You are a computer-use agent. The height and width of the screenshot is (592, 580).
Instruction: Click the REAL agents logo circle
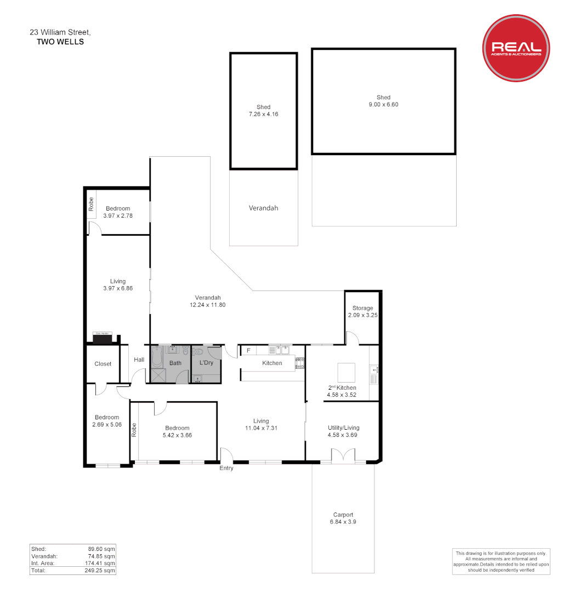point(515,48)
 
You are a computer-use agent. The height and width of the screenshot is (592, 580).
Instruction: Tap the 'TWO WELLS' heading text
point(60,42)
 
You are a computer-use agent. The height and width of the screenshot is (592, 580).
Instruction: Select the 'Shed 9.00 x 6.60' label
point(383,101)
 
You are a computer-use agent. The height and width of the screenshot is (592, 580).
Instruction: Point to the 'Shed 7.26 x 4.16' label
point(263,111)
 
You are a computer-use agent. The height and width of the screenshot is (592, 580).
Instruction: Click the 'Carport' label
point(343,518)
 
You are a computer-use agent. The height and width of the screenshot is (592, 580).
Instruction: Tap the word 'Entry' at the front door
point(226,468)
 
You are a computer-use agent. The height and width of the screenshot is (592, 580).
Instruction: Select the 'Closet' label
point(103,364)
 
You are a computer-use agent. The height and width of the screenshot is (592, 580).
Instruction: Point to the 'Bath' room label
point(175,363)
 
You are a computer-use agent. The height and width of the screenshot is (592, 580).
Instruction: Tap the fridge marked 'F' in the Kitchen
point(248,350)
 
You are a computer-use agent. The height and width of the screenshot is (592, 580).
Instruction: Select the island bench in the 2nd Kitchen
point(346,373)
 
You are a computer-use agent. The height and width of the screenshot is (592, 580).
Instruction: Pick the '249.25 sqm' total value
point(101,571)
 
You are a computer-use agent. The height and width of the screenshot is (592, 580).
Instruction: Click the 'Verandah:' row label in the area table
point(43,556)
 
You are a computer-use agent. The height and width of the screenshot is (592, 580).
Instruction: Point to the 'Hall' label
point(139,360)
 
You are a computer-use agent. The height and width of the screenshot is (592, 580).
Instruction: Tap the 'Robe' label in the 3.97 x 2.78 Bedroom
point(91,204)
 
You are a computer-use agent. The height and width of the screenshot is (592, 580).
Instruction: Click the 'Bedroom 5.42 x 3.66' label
point(177,431)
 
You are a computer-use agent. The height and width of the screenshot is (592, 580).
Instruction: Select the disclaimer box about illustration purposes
point(501,561)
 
